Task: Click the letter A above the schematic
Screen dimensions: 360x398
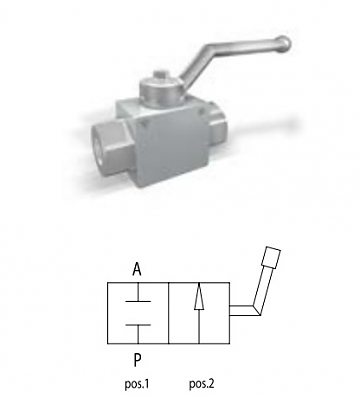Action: [137, 269]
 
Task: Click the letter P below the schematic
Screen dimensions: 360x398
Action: [137, 360]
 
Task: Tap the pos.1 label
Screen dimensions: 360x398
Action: [136, 384]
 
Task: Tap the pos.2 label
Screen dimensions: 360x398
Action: [201, 384]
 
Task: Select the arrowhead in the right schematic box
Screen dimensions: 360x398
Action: [199, 297]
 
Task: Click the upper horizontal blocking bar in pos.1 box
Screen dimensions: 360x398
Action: [138, 301]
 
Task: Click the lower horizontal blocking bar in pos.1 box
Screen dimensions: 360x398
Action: [138, 324]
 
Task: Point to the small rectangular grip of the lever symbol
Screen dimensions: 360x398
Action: [271, 257]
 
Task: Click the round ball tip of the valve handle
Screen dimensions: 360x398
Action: [284, 43]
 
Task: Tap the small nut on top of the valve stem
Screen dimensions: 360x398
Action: [160, 74]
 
